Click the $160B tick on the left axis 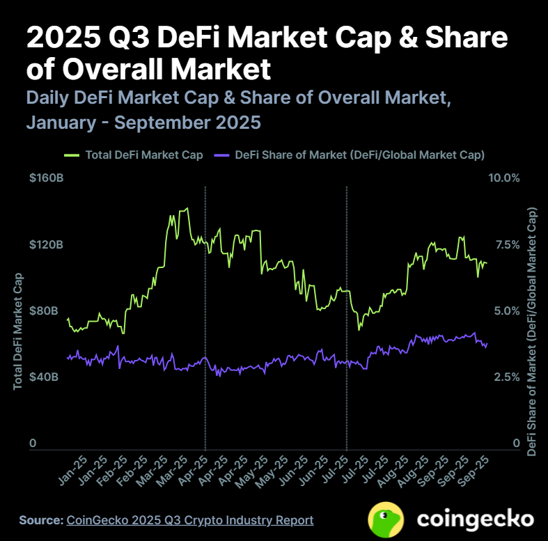coord(46,179)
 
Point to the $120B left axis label coord(46,245)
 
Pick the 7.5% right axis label coord(506,245)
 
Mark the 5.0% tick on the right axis coord(506,311)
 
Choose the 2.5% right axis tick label coord(506,377)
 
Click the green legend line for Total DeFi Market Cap coord(72,155)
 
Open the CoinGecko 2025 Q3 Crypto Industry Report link coord(189,520)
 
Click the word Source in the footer coord(40,520)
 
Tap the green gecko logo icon coord(387,519)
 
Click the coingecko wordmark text coord(476,519)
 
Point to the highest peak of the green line coord(185,208)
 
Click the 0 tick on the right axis coord(516,443)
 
